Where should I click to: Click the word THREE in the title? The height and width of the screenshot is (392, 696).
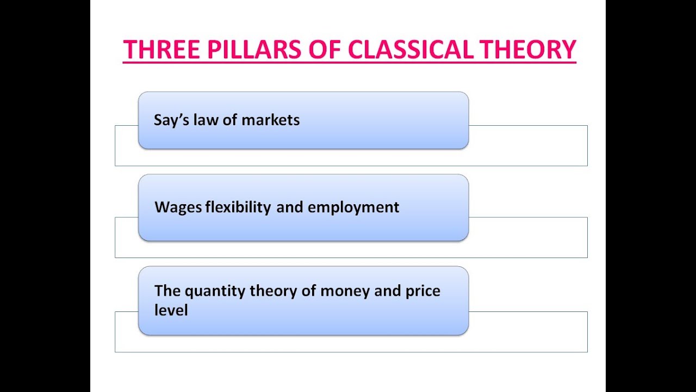[161, 50]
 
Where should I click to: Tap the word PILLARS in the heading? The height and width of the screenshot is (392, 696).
[254, 50]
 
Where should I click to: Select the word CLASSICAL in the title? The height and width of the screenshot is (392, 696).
[411, 50]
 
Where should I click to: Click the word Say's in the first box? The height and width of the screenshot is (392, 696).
[171, 120]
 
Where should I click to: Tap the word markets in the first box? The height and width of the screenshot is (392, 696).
[270, 120]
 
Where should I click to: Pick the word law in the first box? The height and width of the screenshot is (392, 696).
[206, 120]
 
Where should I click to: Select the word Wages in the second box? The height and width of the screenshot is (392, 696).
[178, 208]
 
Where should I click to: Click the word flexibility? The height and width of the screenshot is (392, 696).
[238, 207]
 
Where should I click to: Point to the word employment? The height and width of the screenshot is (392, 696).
[353, 208]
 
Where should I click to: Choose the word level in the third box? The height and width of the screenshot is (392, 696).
[171, 310]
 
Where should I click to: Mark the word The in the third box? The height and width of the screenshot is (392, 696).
[167, 291]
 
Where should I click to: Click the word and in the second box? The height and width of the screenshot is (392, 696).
[290, 207]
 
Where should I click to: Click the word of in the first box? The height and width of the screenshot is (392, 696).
[230, 120]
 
